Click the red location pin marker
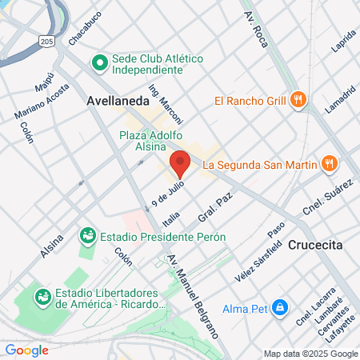pos(180,163)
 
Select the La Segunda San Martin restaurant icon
pos(327,165)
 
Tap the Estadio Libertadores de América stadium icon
pos(42,298)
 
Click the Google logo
pos(26,350)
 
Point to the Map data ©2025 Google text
pos(311,354)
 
